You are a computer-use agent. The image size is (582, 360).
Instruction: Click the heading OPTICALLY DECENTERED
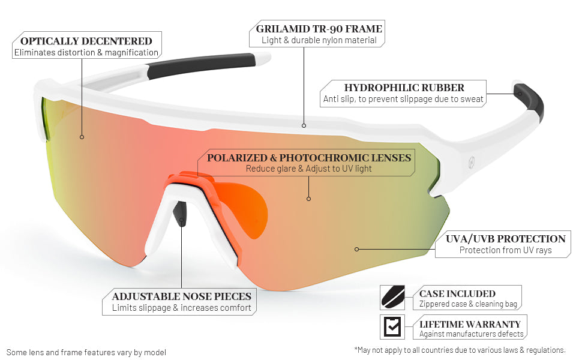click(86, 41)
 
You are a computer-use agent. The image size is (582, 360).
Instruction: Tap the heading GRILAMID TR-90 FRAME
click(319, 29)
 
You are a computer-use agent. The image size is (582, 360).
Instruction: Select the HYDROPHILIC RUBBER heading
click(404, 88)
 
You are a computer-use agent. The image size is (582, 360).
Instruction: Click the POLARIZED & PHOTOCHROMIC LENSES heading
click(309, 158)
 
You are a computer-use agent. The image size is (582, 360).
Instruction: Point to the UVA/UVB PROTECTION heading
click(505, 239)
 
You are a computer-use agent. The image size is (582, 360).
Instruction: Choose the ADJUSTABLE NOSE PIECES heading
click(181, 296)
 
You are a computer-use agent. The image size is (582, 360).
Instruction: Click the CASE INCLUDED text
click(457, 294)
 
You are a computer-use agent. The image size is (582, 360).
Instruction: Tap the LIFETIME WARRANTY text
click(470, 324)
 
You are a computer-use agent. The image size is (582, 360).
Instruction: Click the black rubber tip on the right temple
click(530, 99)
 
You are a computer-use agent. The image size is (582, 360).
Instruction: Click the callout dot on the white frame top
click(304, 125)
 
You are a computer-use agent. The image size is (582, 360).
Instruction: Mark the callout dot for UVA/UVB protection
click(356, 248)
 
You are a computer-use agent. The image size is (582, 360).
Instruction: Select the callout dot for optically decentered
click(82, 137)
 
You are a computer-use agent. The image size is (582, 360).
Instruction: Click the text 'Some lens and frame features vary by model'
click(86, 352)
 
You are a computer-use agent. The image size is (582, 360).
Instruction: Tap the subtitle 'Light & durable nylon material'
click(319, 40)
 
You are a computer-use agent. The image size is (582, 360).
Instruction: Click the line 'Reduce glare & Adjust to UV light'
click(309, 169)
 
